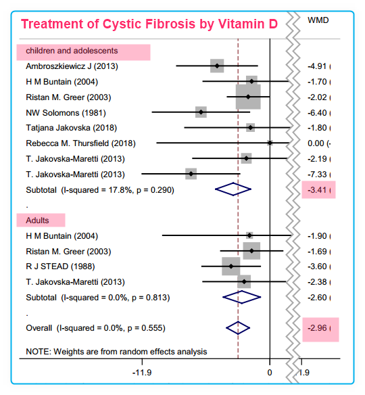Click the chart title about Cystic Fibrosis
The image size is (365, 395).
pos(149,24)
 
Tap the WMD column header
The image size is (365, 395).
pos(318,20)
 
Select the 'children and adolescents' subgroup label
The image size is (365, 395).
pos(72,51)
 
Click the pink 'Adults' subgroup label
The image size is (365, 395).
pos(37,220)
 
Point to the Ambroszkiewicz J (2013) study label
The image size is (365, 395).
pos(72,66)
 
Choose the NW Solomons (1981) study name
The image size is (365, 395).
pos(66,113)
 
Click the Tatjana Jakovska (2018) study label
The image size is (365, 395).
pos(71,128)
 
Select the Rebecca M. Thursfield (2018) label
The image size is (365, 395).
pos(80,143)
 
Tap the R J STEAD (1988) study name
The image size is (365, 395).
pos(60,266)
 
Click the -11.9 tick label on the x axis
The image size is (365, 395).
pos(142,373)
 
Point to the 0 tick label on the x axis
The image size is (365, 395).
pos(270,373)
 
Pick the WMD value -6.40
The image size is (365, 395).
pos(317,113)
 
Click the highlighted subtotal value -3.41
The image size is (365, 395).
pos(317,189)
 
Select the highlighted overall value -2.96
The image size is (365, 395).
pos(317,328)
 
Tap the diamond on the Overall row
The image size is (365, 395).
pos(238,328)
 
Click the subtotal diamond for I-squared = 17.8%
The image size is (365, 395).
pos(233,189)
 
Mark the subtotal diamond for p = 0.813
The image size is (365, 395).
pos(242,297)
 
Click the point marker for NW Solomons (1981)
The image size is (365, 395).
pos(201,112)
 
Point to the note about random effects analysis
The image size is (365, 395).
pos(116,352)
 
